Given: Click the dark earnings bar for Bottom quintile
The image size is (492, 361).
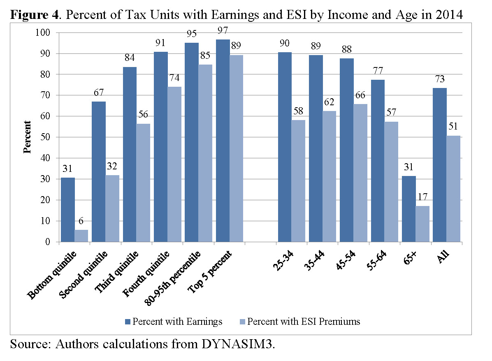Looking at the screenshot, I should [67, 210].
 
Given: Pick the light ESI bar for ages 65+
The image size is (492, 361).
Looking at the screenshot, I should [422, 224].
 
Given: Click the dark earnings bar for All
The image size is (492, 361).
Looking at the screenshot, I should [440, 165].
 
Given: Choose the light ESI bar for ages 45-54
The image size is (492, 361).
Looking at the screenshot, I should [360, 173].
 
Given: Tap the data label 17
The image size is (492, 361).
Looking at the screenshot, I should [422, 197].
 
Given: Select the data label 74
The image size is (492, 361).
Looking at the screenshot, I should [174, 78].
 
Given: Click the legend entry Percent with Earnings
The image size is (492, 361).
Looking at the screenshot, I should [172, 322].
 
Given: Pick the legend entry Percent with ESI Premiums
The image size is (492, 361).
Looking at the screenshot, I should [299, 322].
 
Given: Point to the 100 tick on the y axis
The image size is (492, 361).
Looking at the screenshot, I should [43, 32].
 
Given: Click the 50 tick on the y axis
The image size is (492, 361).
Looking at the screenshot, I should [45, 137].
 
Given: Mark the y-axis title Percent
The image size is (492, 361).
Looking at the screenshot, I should [28, 137].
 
